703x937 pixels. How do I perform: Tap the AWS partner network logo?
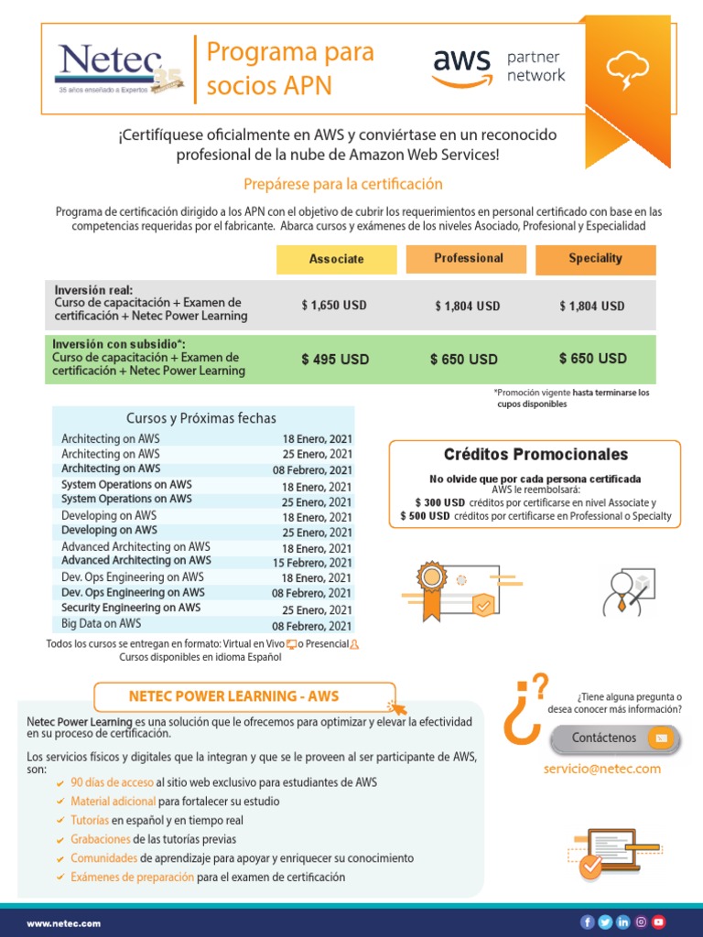coord(499,66)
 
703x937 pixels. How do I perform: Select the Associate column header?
coord(336,259)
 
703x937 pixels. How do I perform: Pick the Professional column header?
coord(468,258)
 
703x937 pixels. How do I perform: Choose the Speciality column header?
coord(595,258)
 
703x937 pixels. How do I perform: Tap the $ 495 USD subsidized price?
coord(335,360)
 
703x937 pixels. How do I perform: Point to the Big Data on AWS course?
coord(102,624)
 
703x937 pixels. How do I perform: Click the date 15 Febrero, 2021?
coord(312,563)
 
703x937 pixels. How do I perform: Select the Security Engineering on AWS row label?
coord(131,608)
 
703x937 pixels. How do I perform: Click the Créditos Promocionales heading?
coord(535,455)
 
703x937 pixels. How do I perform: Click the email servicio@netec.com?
coord(601,769)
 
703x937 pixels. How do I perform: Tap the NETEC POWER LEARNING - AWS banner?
coord(247,696)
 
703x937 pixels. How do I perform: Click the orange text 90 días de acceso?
coord(112,782)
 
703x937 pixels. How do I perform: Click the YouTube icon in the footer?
coord(658,922)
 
